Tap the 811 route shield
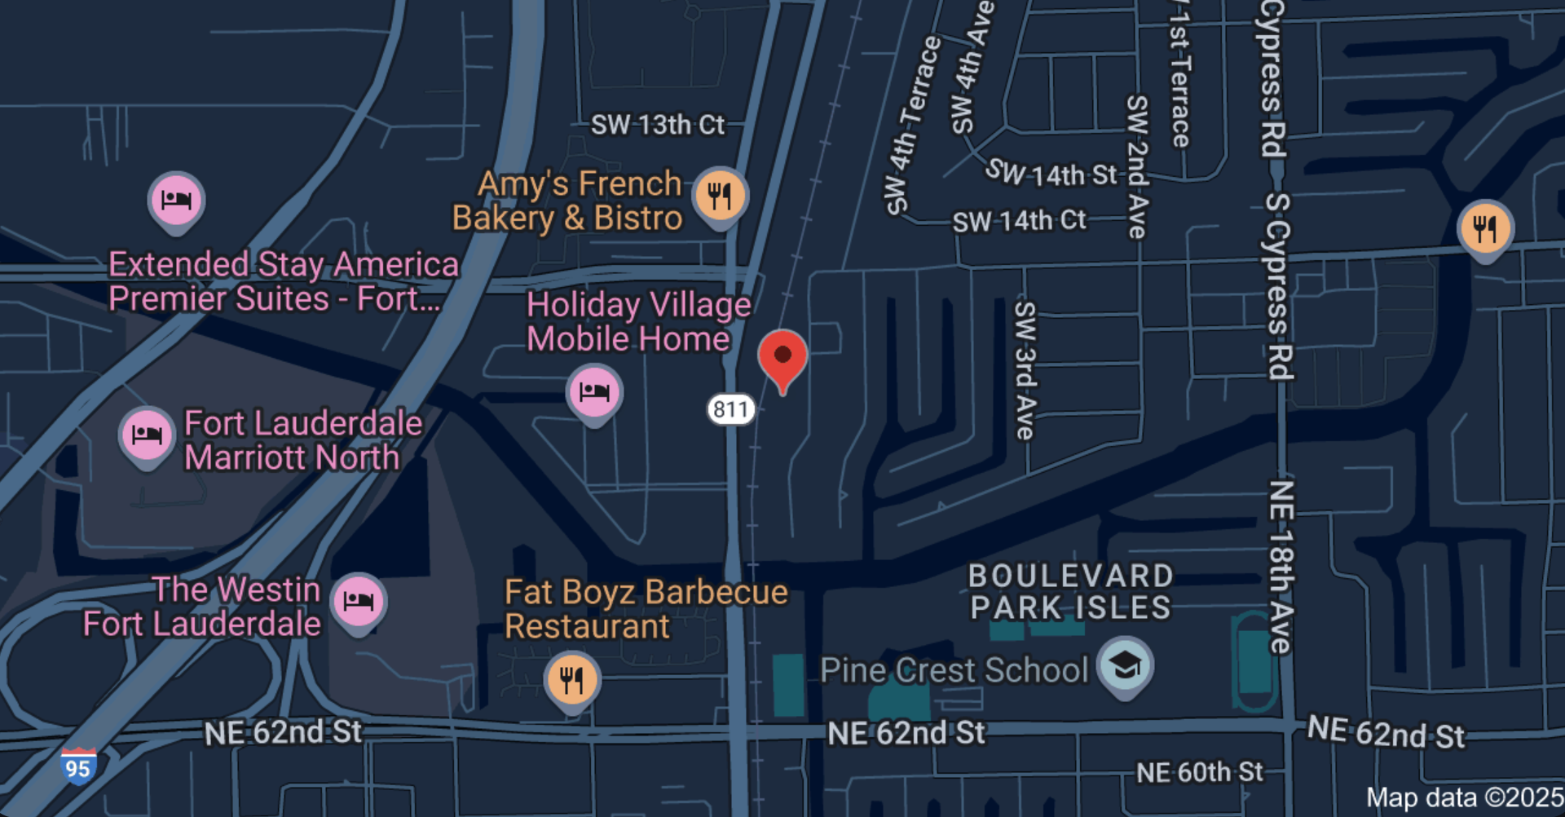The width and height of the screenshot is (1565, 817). [x=730, y=409]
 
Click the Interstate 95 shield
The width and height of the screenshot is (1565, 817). [x=78, y=767]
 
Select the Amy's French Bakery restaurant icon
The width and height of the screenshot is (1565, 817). [x=720, y=196]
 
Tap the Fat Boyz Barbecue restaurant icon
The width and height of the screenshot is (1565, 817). [x=572, y=679]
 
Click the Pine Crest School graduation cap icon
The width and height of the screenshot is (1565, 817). [x=1125, y=665]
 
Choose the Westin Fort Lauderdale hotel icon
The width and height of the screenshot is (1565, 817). [x=359, y=602]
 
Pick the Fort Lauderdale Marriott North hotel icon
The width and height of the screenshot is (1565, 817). [x=147, y=435]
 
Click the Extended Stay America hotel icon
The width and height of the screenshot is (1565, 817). [x=176, y=200]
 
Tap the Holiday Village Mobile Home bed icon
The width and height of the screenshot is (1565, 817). [x=594, y=392]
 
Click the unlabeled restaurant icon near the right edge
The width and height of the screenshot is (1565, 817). [x=1485, y=228]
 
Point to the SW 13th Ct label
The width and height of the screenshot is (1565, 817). [x=657, y=125]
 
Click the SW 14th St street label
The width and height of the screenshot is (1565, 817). [x=1051, y=173]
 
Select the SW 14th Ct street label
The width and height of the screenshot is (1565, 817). [x=1019, y=221]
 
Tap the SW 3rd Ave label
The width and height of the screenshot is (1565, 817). [x=1025, y=371]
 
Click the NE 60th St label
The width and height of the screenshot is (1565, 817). [x=1199, y=772]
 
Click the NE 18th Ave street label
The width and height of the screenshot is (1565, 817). [x=1281, y=567]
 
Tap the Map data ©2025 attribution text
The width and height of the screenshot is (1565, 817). [x=1464, y=797]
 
